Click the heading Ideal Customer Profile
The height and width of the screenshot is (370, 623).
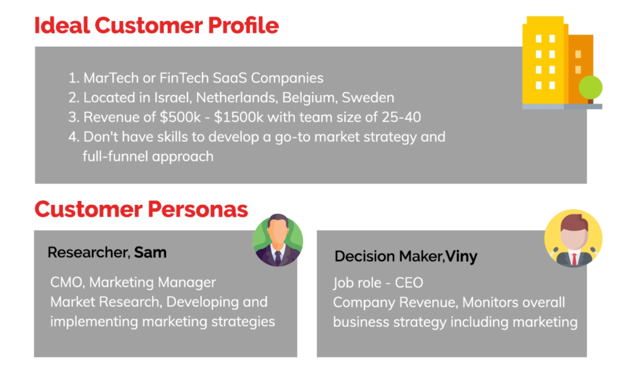(x=156, y=26)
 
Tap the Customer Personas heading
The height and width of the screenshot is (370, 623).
(x=141, y=209)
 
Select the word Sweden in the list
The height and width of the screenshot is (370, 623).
(x=368, y=98)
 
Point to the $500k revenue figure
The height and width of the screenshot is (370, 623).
(x=180, y=117)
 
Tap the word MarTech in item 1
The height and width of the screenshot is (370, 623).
(x=111, y=78)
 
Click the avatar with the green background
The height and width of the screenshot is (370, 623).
(x=277, y=240)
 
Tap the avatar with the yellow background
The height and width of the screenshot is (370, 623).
(x=573, y=238)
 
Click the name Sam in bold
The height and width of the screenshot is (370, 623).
(x=150, y=252)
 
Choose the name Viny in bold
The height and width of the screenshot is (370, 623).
(x=461, y=256)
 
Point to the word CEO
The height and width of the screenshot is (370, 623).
(x=409, y=283)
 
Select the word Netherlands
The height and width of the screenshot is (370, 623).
(x=237, y=98)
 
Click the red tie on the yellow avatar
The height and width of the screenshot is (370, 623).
(x=574, y=259)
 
